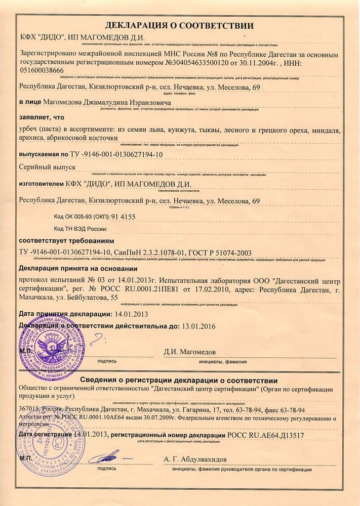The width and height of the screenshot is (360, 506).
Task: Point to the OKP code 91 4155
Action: click(120, 216)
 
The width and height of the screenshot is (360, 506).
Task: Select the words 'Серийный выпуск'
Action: click(47, 166)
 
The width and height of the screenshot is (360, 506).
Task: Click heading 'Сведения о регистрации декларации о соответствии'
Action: click(179, 381)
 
